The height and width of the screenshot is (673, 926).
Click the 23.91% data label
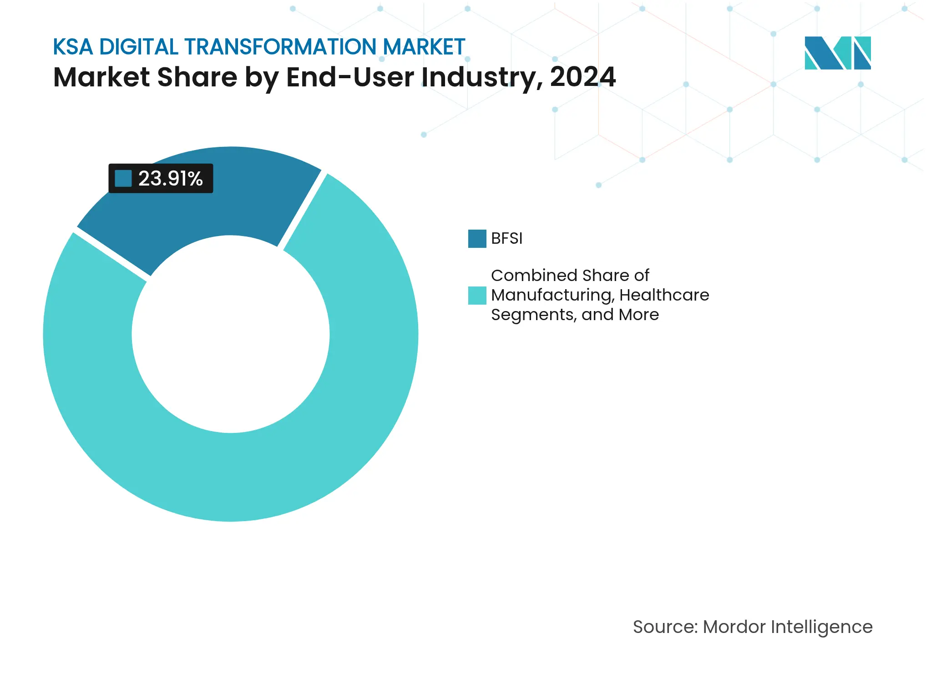click(x=170, y=178)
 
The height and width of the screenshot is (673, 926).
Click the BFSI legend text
click(x=506, y=238)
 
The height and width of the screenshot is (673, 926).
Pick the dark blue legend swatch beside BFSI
click(x=477, y=238)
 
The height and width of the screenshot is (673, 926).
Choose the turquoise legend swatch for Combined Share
click(x=477, y=295)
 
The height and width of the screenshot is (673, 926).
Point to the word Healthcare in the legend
click(x=664, y=295)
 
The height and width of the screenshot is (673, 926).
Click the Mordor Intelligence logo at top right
click(x=837, y=53)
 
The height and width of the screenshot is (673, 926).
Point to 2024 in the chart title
click(x=582, y=77)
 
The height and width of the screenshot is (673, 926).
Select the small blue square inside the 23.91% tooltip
click(x=123, y=178)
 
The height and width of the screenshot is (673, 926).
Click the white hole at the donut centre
click(x=231, y=334)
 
